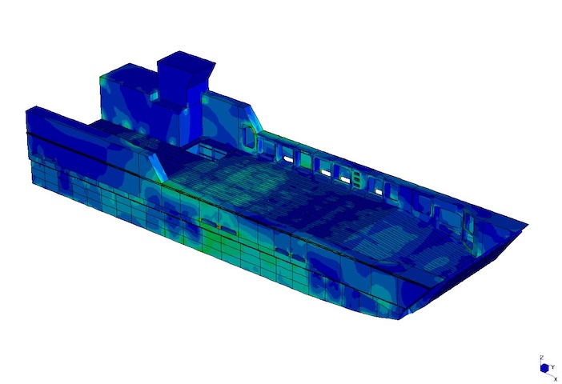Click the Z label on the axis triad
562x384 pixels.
[x=542, y=358]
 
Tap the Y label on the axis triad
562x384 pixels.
[x=553, y=367]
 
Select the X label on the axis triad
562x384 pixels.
[x=556, y=379]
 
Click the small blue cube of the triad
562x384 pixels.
[x=545, y=368]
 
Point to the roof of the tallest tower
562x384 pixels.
[x=187, y=62]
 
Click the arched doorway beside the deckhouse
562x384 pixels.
[x=248, y=137]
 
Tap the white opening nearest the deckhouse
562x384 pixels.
[x=288, y=158]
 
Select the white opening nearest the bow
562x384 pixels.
[x=379, y=192]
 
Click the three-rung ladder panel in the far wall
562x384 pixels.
[x=356, y=179]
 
